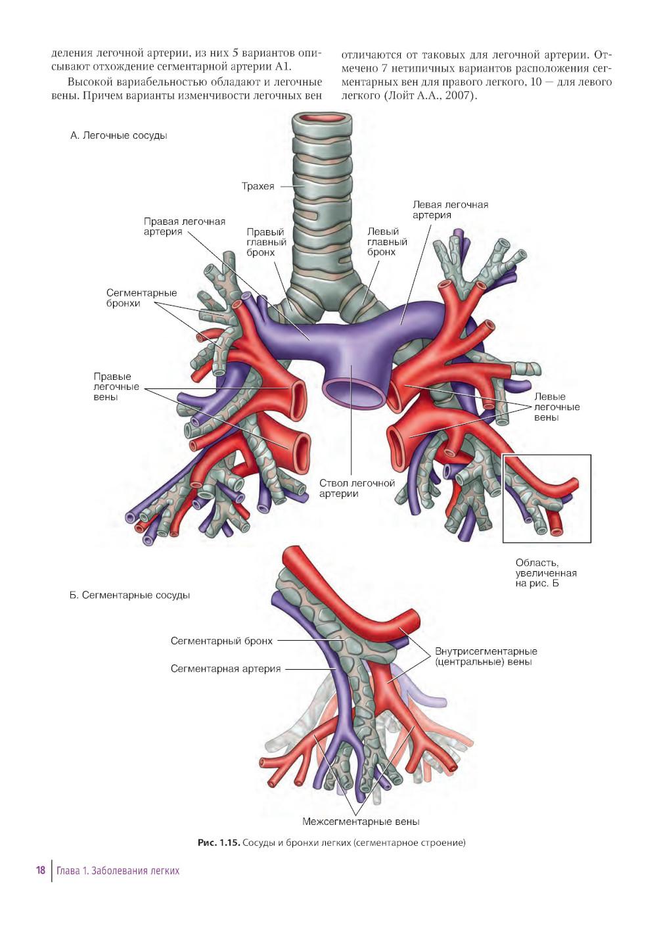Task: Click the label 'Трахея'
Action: [258, 186]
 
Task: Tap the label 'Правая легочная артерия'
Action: [184, 227]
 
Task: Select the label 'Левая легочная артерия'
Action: [450, 210]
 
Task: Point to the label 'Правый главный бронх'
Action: [266, 242]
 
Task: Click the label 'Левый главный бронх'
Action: [387, 242]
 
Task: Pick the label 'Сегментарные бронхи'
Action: [141, 298]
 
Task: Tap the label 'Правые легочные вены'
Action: [116, 386]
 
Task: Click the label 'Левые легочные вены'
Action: [556, 407]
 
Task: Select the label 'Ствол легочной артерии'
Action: [357, 488]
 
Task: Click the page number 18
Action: [41, 870]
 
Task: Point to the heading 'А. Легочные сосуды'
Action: [119, 135]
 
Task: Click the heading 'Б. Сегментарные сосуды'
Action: [129, 595]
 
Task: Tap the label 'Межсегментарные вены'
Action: [361, 822]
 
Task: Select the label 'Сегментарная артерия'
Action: [225, 669]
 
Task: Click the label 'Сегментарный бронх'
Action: [221, 641]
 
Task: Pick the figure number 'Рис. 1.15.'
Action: [218, 843]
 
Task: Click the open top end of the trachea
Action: [322, 120]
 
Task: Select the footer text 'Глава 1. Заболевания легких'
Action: [118, 871]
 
